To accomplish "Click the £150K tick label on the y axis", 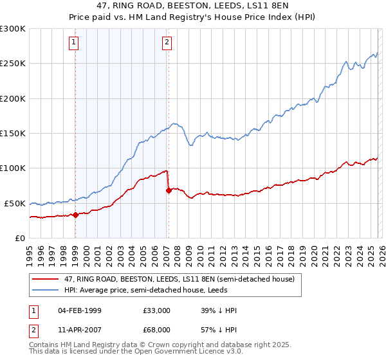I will [12, 134].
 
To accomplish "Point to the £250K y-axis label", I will [12, 64].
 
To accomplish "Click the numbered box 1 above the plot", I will [75, 43].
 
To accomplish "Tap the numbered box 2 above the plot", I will [167, 43].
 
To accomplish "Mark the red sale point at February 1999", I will [75, 215].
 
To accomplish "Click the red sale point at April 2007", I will [168, 190].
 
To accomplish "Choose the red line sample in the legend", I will [46, 279].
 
